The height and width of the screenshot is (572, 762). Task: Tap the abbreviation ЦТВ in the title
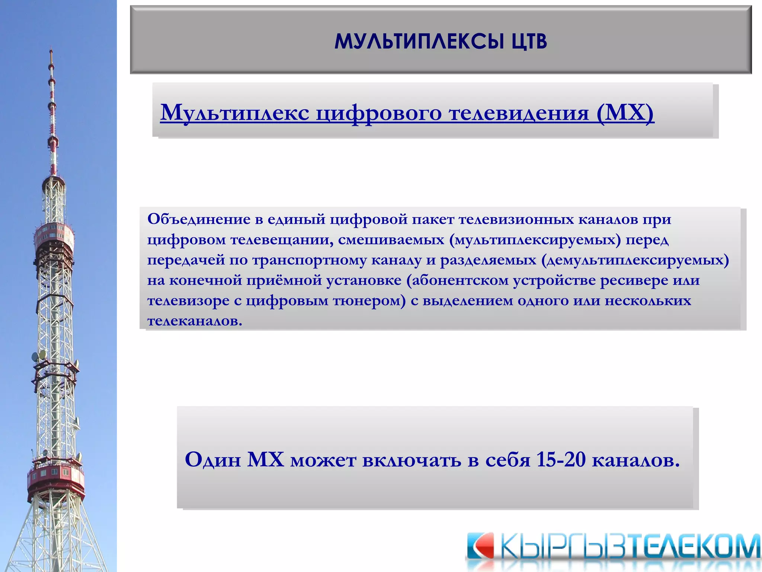(529, 41)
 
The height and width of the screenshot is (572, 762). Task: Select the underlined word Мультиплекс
(235, 112)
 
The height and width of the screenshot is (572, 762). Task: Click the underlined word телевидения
(519, 112)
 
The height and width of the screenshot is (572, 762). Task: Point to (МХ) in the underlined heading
(625, 112)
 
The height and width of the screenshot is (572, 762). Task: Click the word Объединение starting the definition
(199, 219)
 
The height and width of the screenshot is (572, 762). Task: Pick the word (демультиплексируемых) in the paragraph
(635, 260)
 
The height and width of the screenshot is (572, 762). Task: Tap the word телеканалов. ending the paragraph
(195, 321)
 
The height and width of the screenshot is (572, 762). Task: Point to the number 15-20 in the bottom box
(561, 460)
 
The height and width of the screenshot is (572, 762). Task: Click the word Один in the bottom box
(213, 460)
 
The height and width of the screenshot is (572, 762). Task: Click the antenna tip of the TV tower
(51, 52)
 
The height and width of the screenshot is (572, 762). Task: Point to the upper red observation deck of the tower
(54, 235)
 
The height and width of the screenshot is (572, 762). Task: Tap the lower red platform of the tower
(56, 479)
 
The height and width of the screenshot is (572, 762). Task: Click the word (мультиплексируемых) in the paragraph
(535, 240)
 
